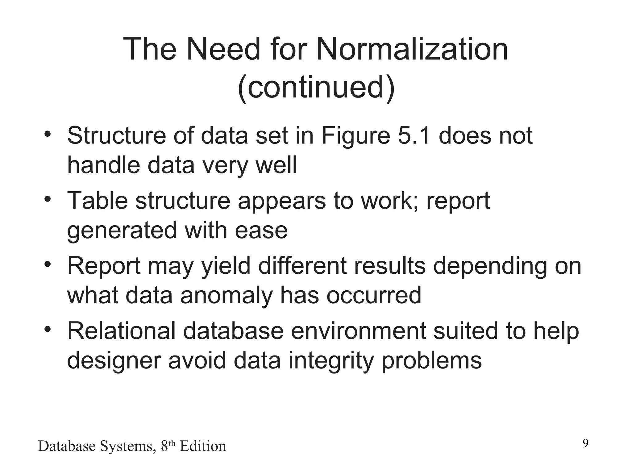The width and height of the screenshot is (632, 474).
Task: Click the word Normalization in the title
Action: coord(412,49)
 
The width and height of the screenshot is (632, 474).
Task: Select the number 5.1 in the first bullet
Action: coord(414,136)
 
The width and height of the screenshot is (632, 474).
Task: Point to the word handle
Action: coord(103,165)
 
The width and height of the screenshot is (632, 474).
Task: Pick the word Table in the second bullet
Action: coord(97,201)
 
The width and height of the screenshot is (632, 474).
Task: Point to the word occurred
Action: coord(374,295)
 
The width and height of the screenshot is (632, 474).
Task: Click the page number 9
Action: coord(585,443)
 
